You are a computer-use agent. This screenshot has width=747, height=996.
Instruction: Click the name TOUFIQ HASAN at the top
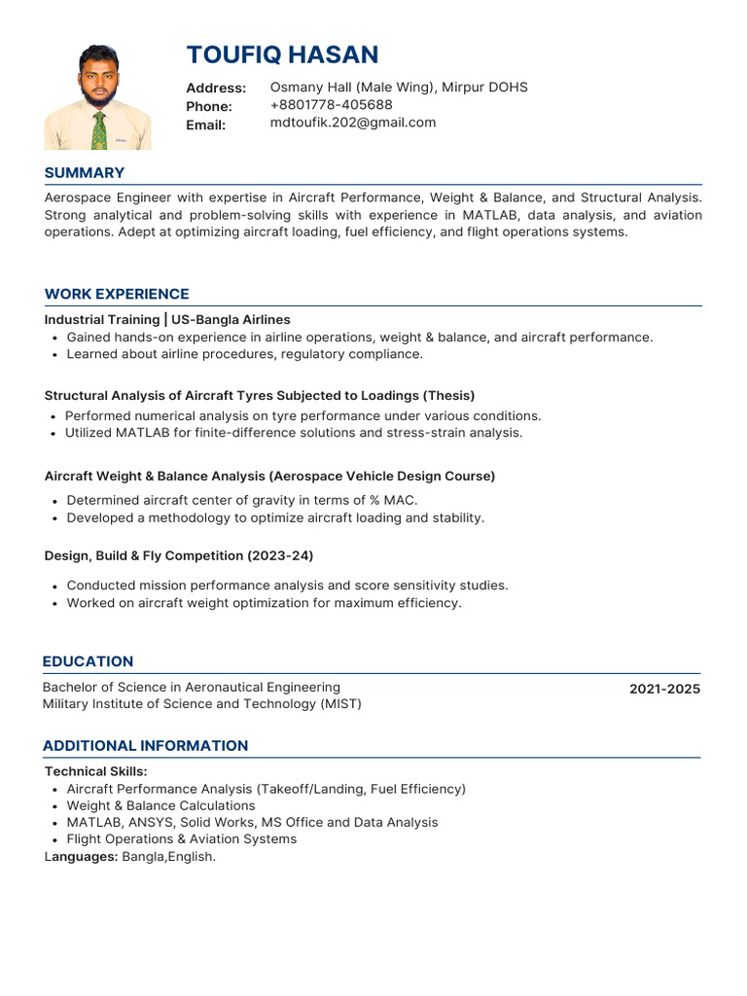point(282,53)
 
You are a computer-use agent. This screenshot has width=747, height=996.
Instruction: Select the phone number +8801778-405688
point(332,105)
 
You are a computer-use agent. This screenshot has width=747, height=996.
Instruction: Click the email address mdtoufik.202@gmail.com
point(353,123)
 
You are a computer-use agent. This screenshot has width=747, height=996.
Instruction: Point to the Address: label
point(216,88)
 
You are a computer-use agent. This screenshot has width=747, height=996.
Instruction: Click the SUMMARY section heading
point(85,173)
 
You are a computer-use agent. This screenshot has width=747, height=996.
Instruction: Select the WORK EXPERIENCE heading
point(117,294)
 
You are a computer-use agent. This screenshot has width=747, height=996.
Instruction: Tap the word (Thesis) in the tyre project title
point(448,395)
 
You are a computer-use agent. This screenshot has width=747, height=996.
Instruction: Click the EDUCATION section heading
point(88,661)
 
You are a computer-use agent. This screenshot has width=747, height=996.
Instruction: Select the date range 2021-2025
point(664,690)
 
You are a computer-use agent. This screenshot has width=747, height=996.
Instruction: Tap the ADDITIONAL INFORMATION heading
point(145,746)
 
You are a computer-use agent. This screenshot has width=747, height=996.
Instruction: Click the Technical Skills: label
point(95,771)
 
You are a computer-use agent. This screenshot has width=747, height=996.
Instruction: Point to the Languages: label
point(81,857)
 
